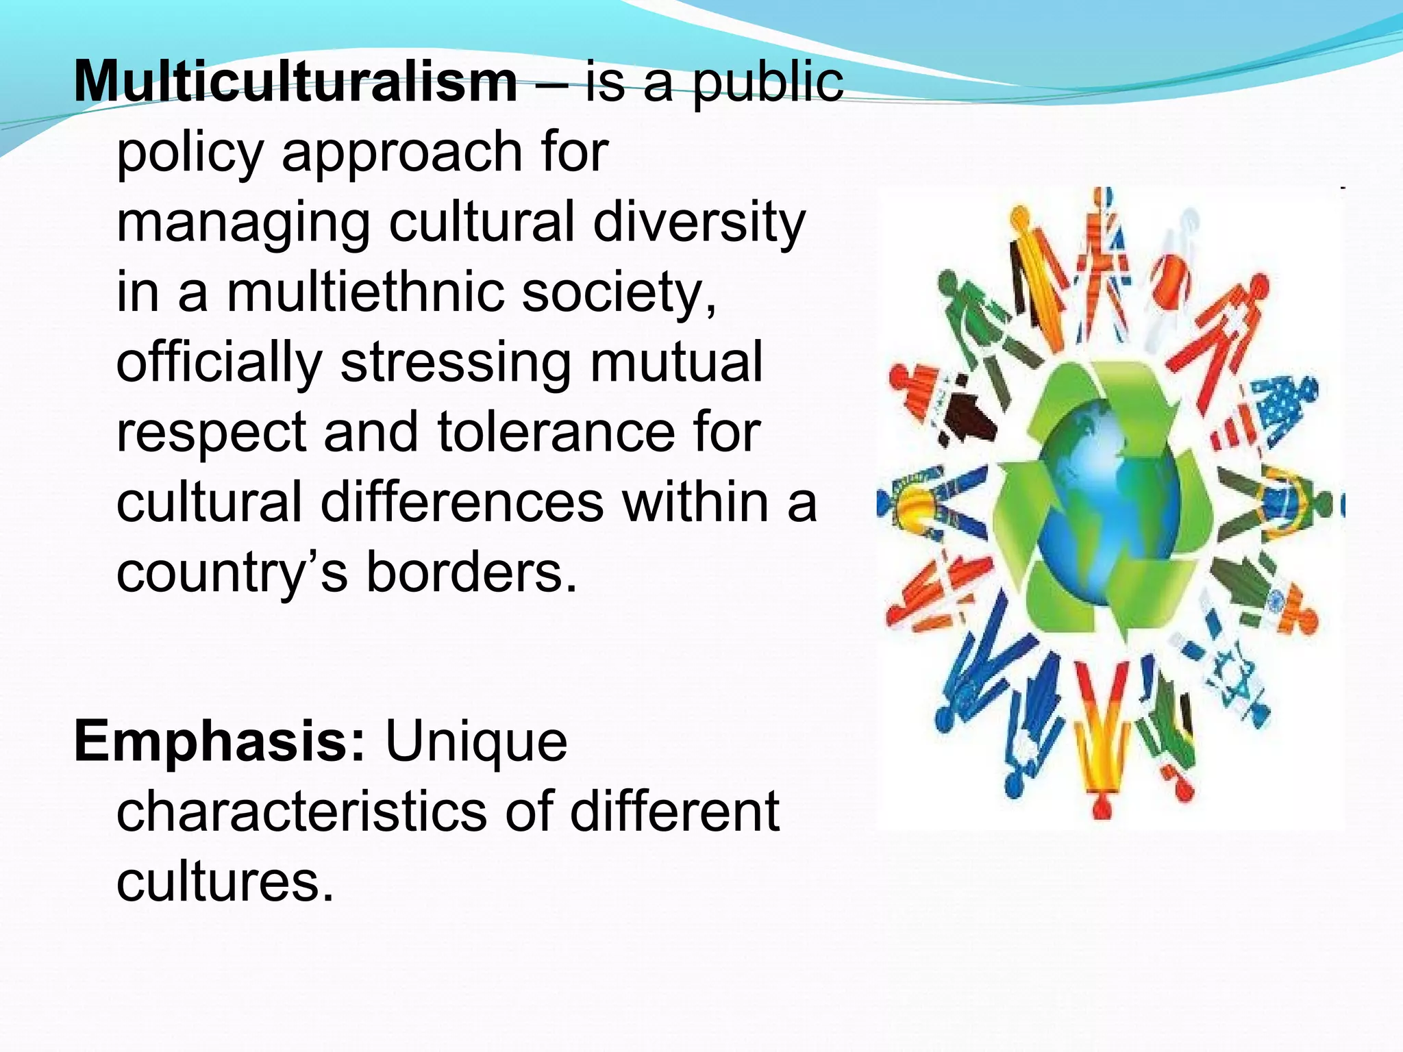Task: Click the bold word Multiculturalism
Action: coord(295,82)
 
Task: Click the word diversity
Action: coord(699,223)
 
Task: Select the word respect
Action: coord(211,432)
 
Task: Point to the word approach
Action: coord(402,152)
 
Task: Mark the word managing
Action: coord(243,223)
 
